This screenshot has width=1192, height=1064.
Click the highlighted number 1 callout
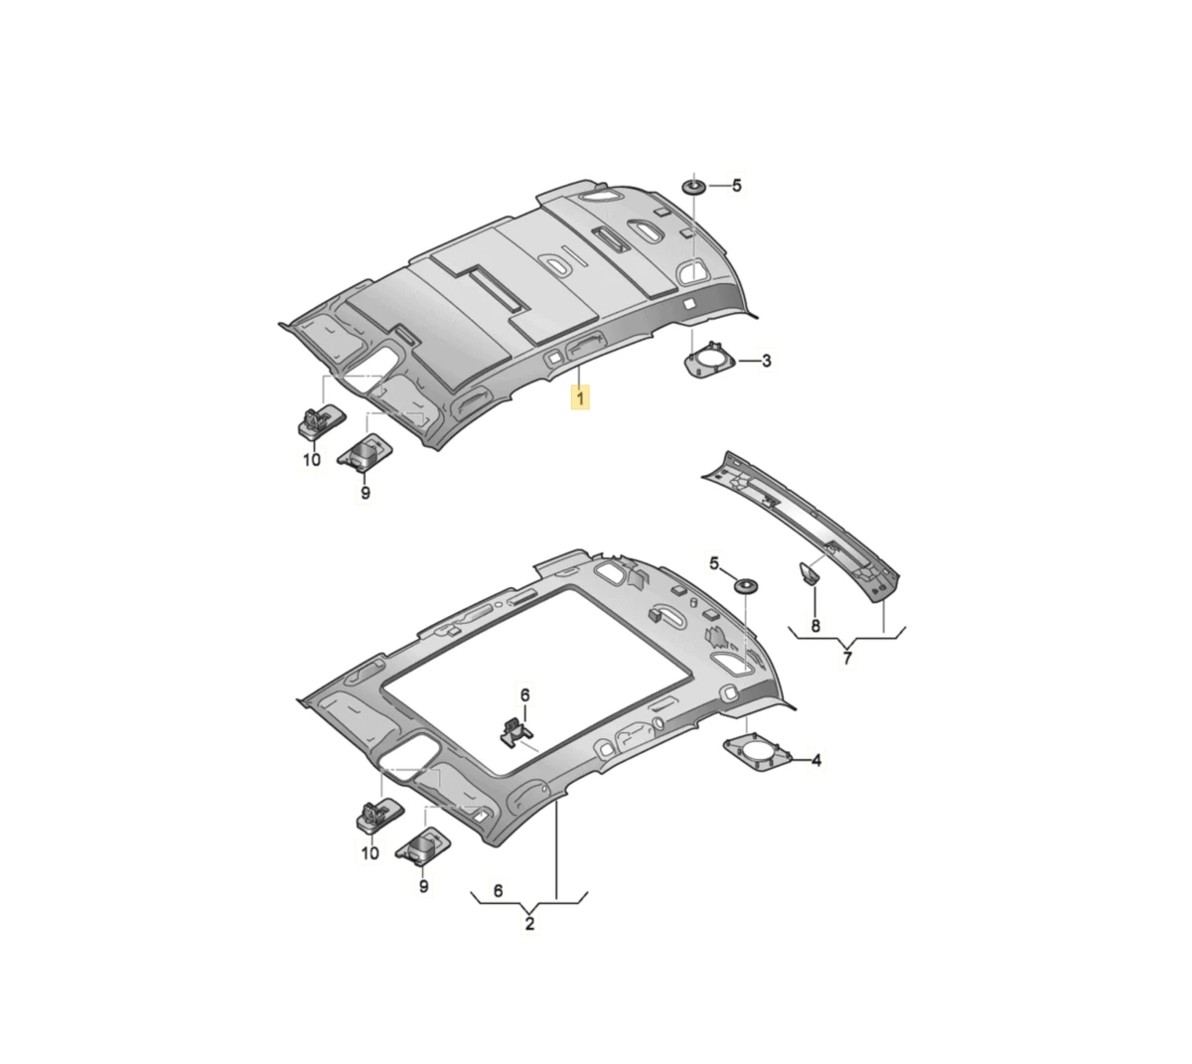pos(579,397)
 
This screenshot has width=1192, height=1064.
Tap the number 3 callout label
pos(766,361)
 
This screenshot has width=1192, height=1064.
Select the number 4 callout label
pos(816,760)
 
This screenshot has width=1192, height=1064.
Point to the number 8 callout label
pos(815,626)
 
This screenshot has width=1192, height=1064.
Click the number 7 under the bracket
pos(847,658)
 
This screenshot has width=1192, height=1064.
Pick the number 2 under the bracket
pos(529,923)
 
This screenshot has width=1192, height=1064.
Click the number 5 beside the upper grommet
pos(737,186)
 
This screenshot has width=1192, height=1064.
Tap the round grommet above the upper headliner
pos(694,187)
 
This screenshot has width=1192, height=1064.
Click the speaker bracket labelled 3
pos(710,361)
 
